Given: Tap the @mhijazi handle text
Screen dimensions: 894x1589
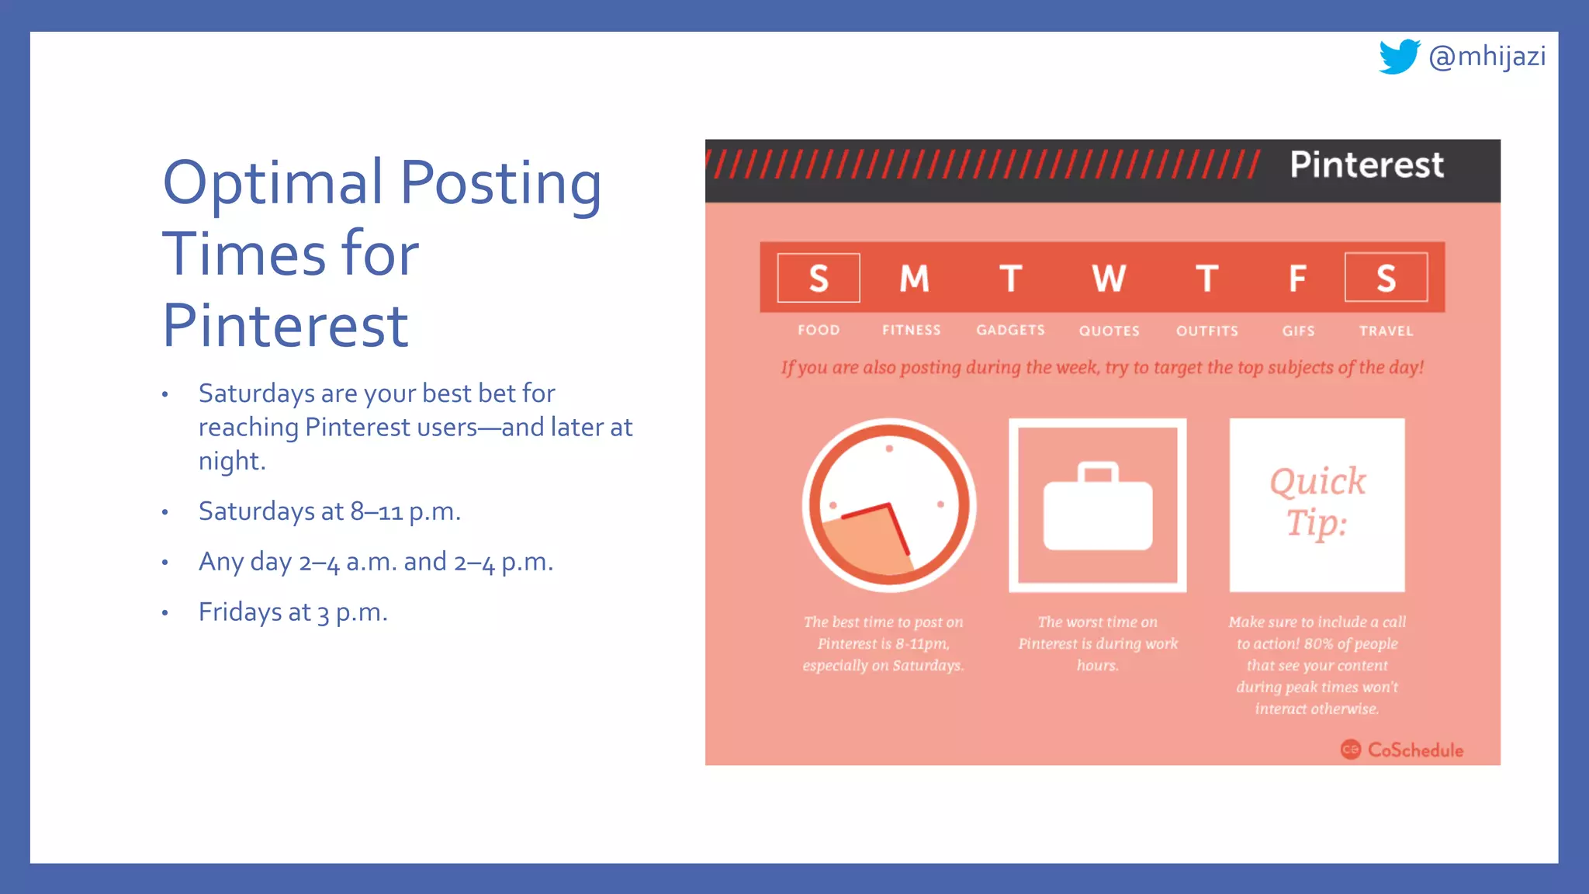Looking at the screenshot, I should point(1487,57).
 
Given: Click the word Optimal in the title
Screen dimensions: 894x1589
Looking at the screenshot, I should point(272,183).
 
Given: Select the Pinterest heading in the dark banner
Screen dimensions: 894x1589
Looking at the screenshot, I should point(1366,165).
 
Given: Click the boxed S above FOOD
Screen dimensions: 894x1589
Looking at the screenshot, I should point(819,278).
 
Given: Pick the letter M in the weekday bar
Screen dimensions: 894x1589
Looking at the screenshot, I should point(914,278).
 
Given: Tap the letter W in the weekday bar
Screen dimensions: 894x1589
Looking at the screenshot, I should point(1108,278).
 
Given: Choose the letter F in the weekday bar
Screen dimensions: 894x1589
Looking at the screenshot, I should point(1297,278).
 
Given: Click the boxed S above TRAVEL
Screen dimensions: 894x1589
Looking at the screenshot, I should point(1386,278).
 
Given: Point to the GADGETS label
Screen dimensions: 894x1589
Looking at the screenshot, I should point(1010,330).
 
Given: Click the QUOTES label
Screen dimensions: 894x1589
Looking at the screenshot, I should point(1109,331).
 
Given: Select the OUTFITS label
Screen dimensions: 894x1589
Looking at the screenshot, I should point(1206,331).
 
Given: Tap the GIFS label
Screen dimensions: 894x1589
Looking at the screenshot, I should point(1298,331).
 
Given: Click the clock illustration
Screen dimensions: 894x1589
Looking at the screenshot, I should point(889,505).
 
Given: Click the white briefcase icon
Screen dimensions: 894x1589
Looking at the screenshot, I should point(1098,508).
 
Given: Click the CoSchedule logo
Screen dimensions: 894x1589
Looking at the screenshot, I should point(1402,750).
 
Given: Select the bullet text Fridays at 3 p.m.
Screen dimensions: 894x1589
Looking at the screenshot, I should point(293,612).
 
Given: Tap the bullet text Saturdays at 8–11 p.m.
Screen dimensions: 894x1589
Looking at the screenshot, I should point(329,511).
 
